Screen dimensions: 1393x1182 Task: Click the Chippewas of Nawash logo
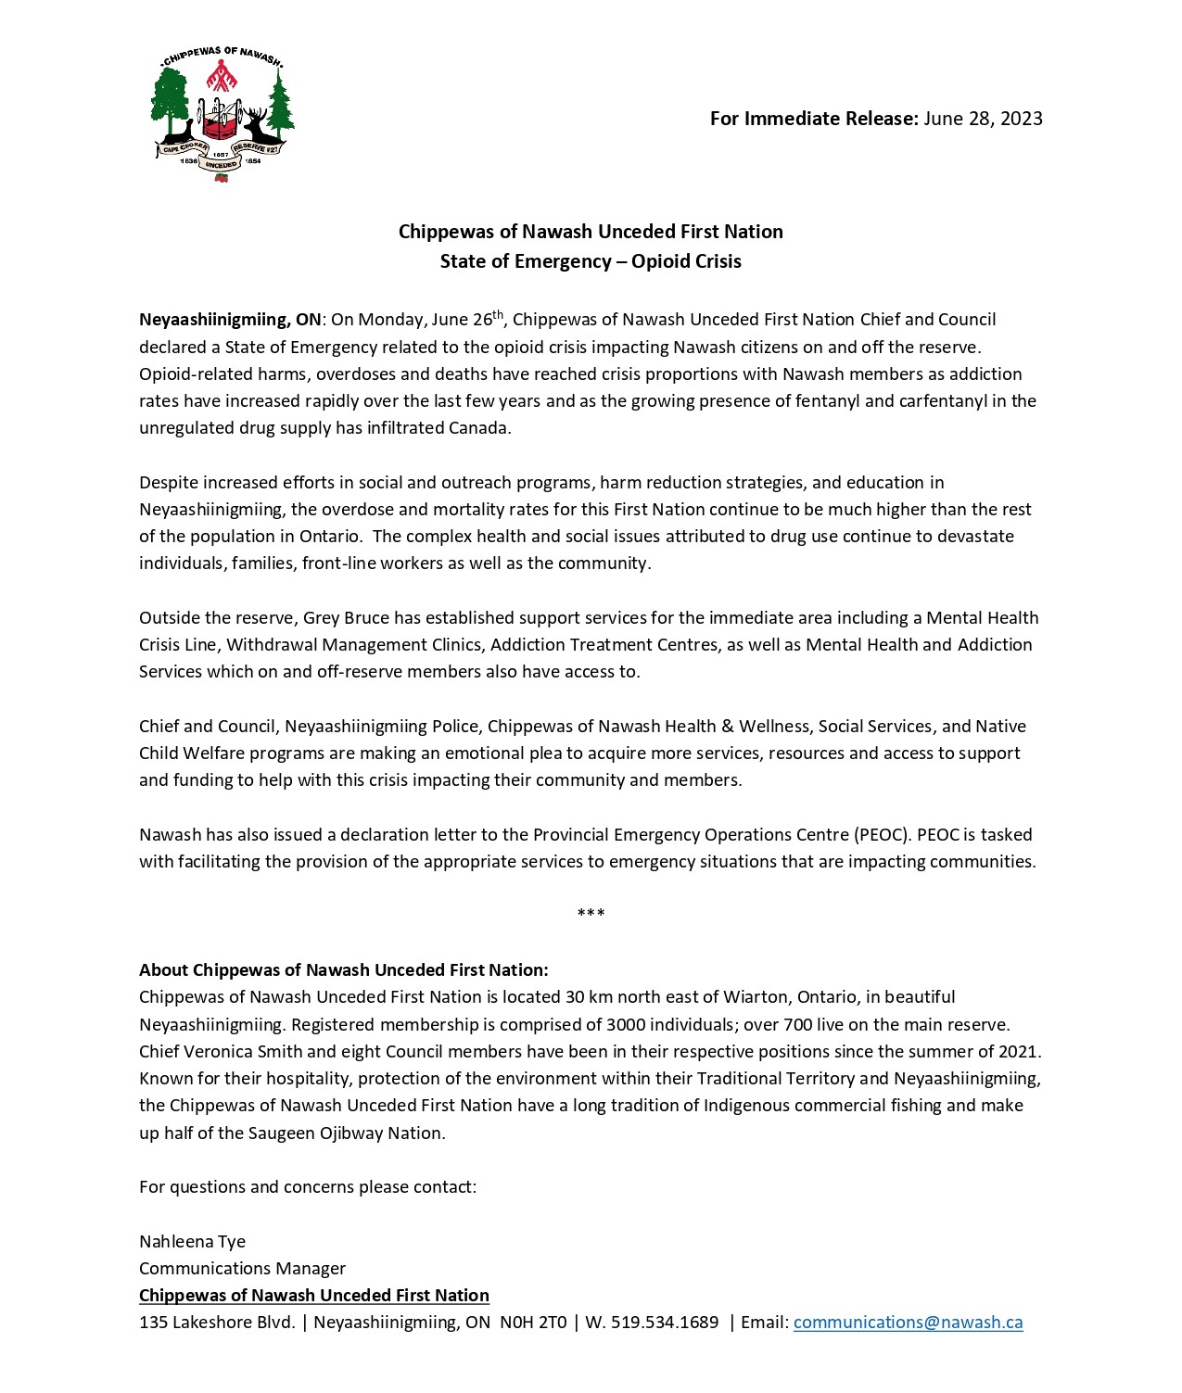(222, 114)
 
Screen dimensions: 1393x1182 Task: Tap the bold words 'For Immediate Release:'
(814, 119)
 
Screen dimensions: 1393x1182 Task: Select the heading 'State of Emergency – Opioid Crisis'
(591, 261)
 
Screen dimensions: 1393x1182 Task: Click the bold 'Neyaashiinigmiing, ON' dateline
(230, 320)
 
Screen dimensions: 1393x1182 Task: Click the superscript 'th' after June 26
(498, 314)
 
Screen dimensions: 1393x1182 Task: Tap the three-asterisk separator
(591, 914)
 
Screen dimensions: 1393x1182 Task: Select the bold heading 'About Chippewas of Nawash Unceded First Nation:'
(344, 970)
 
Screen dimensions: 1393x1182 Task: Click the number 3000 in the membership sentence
(627, 1025)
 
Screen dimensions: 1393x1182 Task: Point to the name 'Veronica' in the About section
(217, 1052)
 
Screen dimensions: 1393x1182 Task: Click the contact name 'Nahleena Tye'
(192, 1242)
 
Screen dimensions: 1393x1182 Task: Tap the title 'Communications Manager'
(242, 1269)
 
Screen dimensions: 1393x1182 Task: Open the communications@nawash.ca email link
(908, 1323)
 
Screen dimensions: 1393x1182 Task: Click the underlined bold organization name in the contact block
(314, 1296)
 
